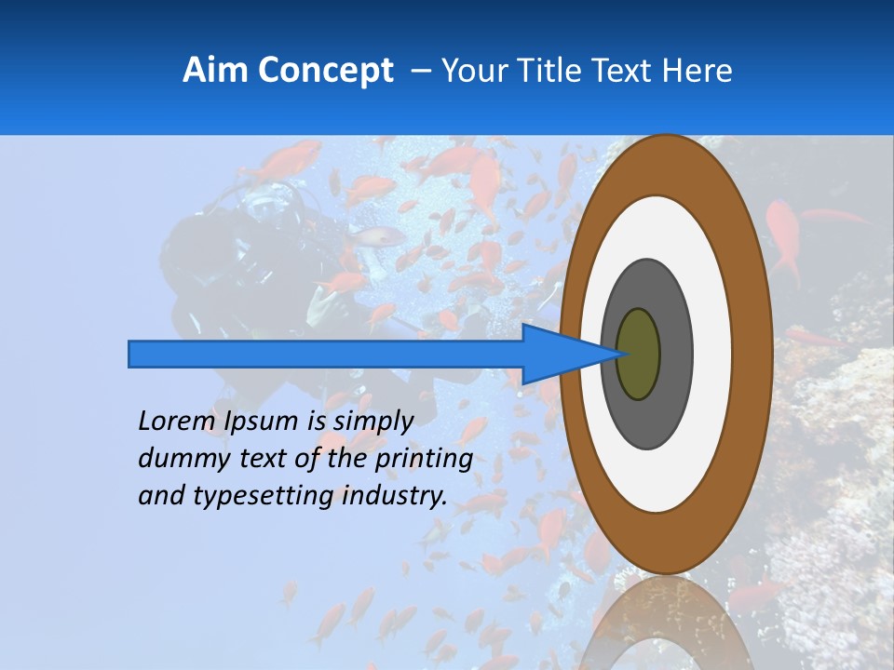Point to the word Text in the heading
[628, 71]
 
